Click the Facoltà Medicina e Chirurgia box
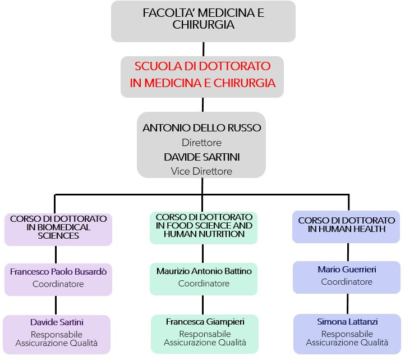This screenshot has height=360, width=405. (x=203, y=21)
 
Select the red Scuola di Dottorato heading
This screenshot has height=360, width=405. (x=202, y=75)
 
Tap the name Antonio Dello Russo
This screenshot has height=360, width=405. (x=202, y=128)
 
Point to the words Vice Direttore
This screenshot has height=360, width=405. (x=202, y=171)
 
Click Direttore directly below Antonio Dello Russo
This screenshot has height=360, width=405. (x=202, y=143)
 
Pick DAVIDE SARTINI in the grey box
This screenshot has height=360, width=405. (x=202, y=157)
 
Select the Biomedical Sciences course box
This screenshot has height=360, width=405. (x=58, y=227)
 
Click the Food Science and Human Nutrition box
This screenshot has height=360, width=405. (x=204, y=226)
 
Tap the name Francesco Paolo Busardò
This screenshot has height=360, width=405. (x=58, y=271)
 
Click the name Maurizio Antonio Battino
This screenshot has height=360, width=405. (x=204, y=271)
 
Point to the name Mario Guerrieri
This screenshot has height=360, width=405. (x=347, y=270)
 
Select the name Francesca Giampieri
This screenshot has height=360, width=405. (x=204, y=322)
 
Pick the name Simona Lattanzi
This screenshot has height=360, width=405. (x=347, y=322)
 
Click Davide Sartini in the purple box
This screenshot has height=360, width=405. (x=57, y=322)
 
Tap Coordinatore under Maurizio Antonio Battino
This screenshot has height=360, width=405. (x=204, y=284)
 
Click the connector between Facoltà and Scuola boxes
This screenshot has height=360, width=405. (x=202, y=49)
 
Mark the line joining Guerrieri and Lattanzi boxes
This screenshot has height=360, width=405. (x=347, y=303)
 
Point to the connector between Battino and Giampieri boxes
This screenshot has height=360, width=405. (x=202, y=304)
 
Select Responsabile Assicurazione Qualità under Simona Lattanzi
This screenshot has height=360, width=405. (x=347, y=338)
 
